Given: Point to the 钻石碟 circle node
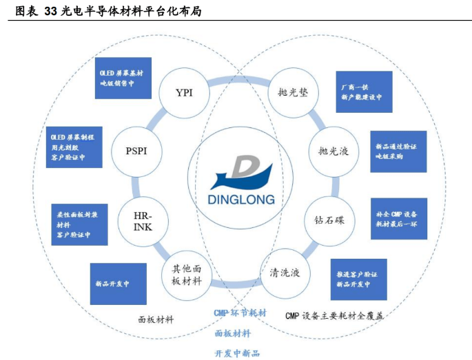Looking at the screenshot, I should tap(329, 220).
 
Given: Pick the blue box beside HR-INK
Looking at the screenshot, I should tap(80, 224).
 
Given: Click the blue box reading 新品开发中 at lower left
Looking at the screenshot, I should tap(118, 284).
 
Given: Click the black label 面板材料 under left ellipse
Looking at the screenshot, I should tap(156, 319).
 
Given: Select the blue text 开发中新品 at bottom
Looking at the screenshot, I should tap(237, 352).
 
